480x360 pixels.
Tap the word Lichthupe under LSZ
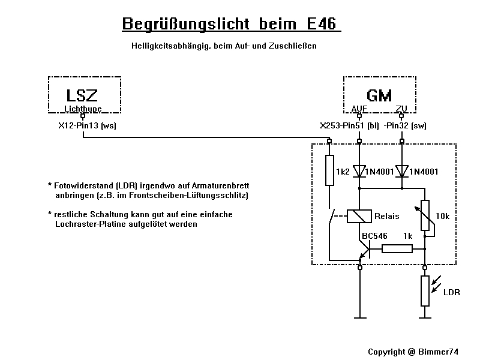point(83,109)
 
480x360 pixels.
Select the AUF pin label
point(359,109)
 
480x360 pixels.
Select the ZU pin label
point(402,109)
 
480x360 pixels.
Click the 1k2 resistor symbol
point(329,171)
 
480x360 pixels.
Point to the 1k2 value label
point(343,172)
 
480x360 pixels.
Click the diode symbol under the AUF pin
point(359,172)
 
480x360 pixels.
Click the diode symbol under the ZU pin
point(402,172)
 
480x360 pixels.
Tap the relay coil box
point(359,216)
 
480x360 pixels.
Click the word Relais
point(387,216)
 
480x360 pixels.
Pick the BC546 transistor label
point(374,236)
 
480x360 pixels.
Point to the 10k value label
point(442,216)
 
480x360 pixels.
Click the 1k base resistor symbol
point(397,248)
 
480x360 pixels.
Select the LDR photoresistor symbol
point(425,291)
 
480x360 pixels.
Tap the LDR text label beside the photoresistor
point(451,292)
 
